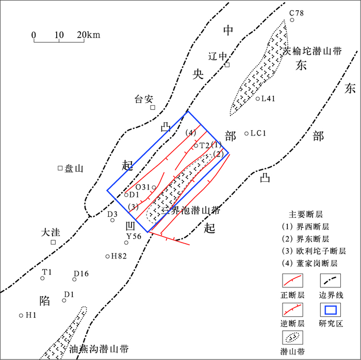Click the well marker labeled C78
point(292,20)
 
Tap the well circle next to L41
point(258,98)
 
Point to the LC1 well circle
point(247,133)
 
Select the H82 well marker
point(107,256)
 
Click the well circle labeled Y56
point(126,243)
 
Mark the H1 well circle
point(21,315)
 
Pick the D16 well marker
point(74,279)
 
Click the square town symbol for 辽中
point(227,64)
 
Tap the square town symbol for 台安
point(153,107)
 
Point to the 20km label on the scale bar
point(89,35)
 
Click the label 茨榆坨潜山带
point(313,52)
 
